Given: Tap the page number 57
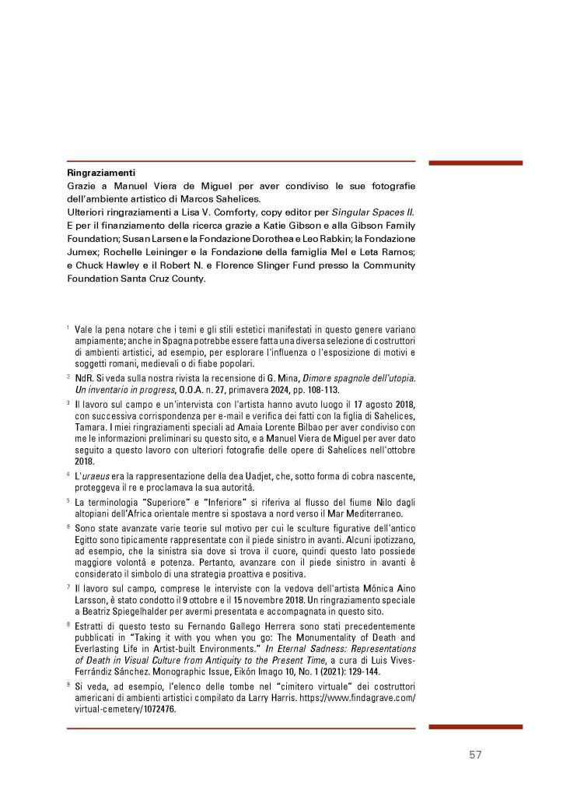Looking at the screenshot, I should tap(477, 755).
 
